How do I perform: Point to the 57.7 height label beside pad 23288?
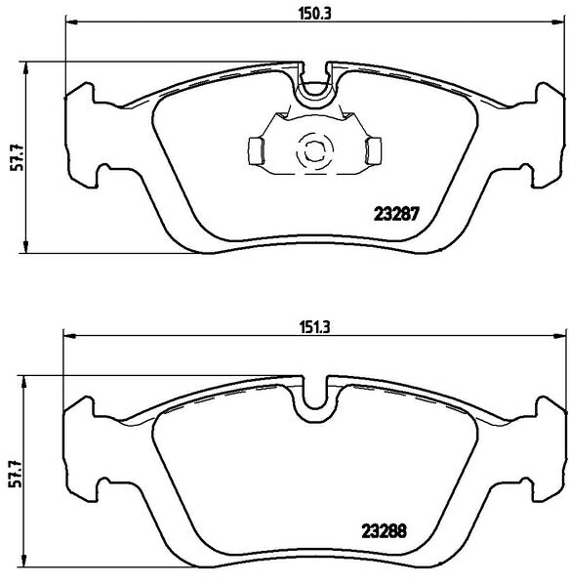tap(14, 472)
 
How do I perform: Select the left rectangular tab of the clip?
tap(256, 150)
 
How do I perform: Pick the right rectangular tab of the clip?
tap(372, 150)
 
